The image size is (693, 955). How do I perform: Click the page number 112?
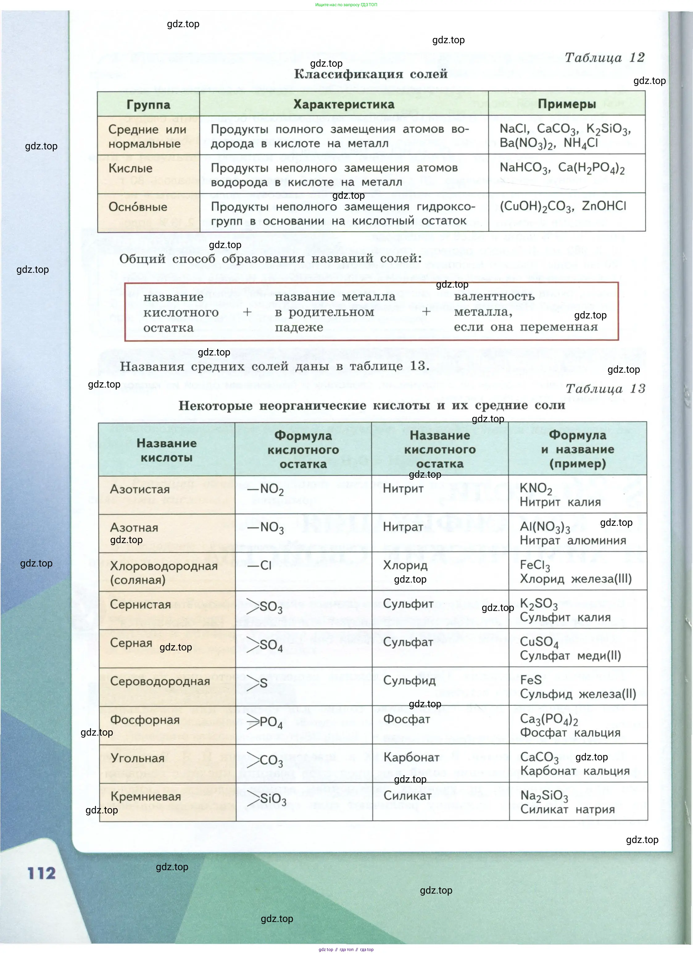tap(42, 873)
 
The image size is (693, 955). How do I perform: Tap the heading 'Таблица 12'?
tap(604, 58)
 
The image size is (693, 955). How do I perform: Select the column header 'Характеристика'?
tap(343, 104)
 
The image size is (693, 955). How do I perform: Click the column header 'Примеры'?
tap(567, 104)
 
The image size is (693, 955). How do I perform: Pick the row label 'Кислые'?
tap(131, 168)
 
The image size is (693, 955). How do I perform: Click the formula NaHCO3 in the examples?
tap(525, 168)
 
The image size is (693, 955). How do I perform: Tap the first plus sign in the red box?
tap(247, 312)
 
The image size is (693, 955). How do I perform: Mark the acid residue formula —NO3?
tap(266, 528)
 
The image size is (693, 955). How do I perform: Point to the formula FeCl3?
tap(535, 566)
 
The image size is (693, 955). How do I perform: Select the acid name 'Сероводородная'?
tap(160, 681)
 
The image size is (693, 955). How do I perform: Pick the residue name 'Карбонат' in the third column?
tap(411, 758)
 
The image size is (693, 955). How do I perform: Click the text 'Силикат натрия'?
tap(567, 809)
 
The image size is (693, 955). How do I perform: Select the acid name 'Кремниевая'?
tap(146, 797)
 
